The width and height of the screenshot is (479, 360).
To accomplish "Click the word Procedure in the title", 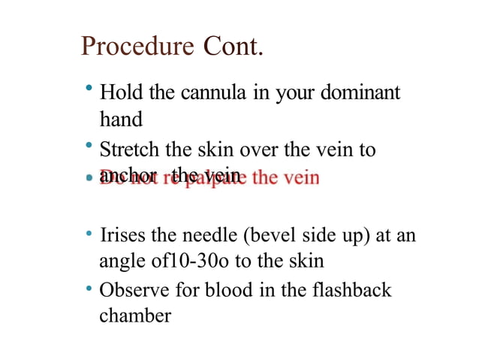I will [137, 47].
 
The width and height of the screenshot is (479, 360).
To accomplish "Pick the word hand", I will [121, 119].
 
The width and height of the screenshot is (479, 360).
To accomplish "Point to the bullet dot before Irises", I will [89, 234].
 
